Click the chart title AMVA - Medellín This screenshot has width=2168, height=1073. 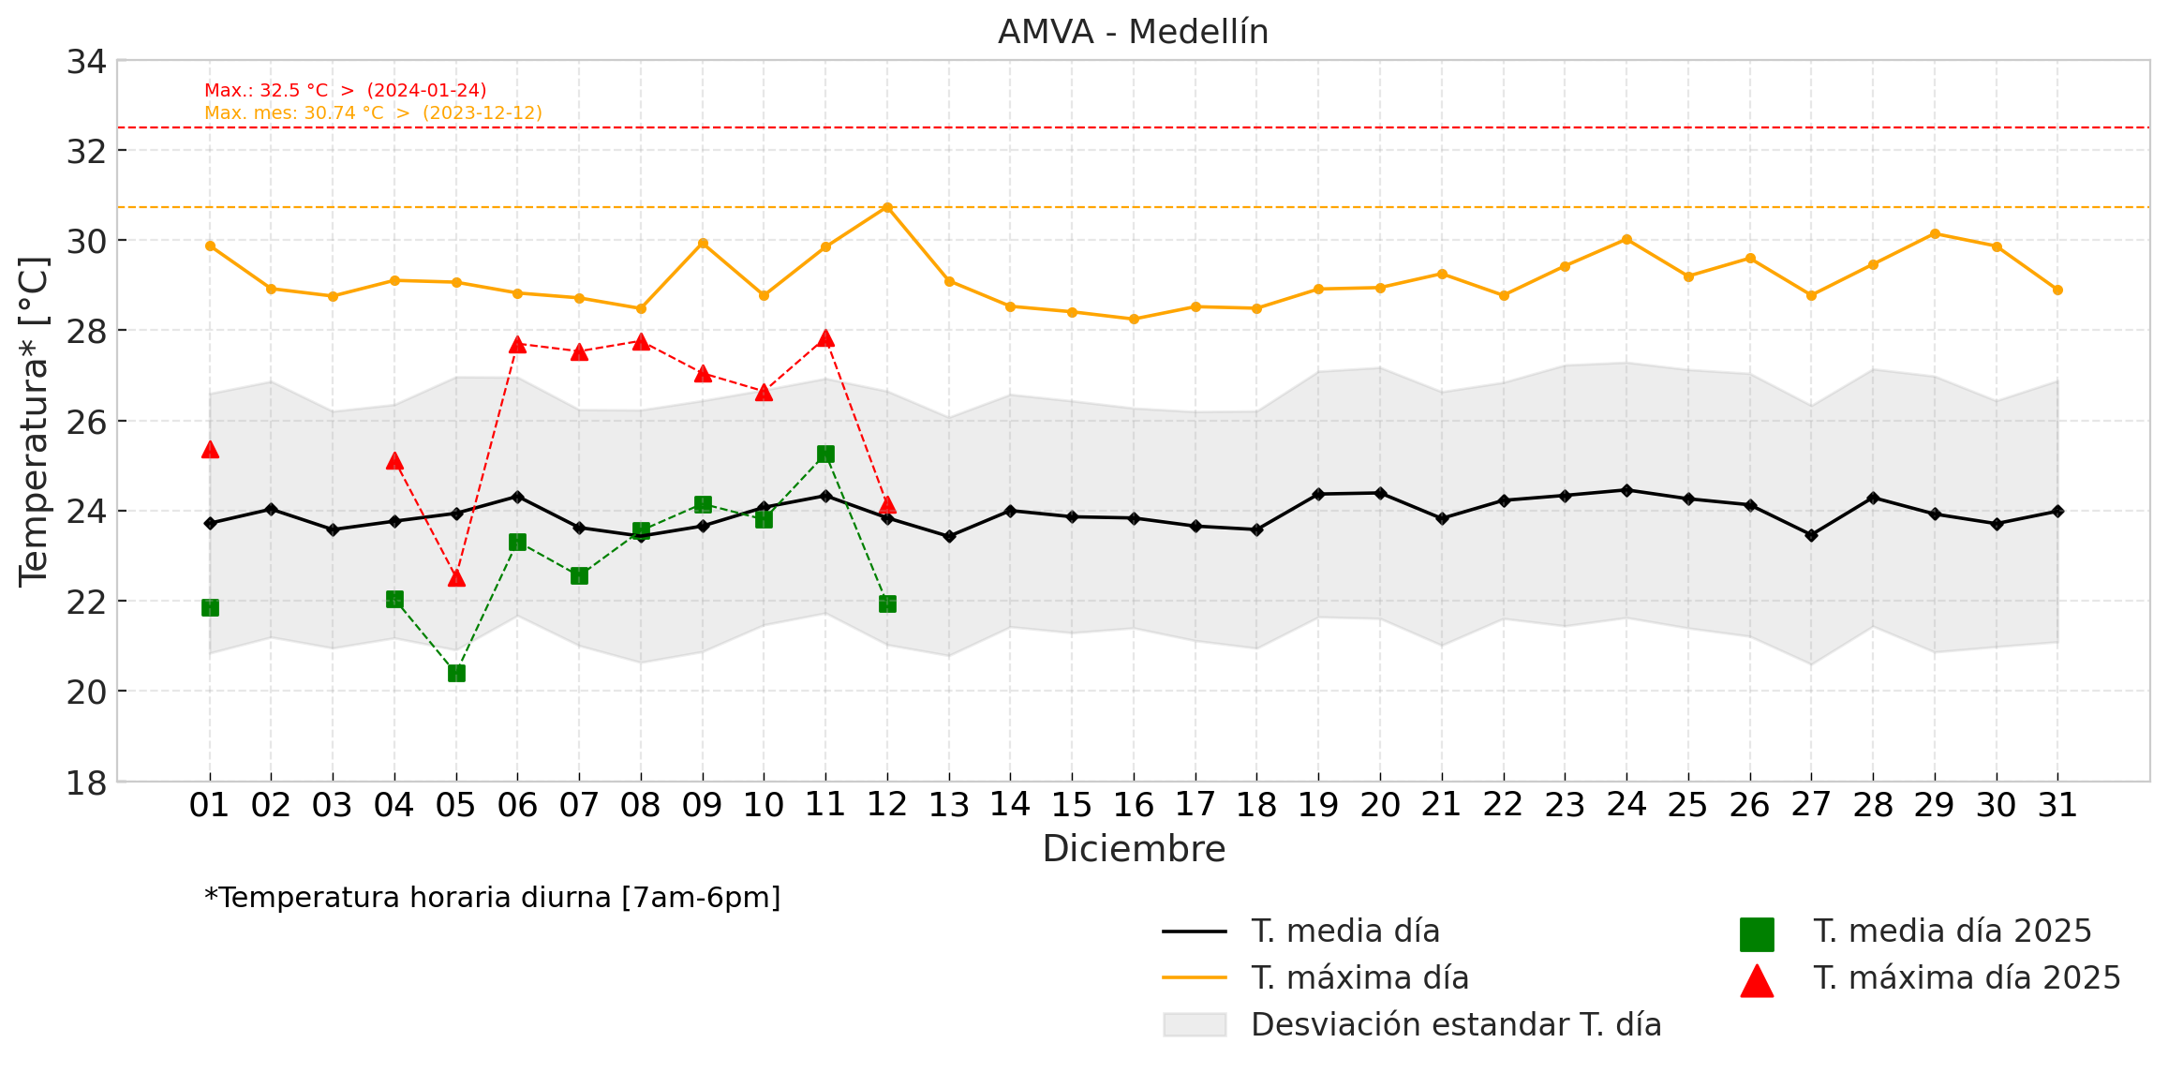tap(1133, 32)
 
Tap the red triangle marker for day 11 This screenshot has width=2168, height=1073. tap(825, 338)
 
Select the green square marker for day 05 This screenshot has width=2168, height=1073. tap(456, 673)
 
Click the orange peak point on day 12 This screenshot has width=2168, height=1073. tap(887, 207)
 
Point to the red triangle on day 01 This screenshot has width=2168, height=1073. tap(210, 450)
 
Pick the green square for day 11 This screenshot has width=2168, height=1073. tap(825, 455)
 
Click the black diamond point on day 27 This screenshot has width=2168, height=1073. tap(1811, 535)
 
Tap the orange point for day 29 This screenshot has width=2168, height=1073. tap(1935, 233)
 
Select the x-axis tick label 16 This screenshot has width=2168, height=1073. tap(1133, 805)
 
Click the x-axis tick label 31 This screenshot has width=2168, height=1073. tap(2057, 805)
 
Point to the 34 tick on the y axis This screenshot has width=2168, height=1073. tap(86, 62)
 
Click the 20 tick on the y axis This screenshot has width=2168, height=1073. tap(86, 692)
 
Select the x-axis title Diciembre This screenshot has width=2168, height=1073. tap(1134, 849)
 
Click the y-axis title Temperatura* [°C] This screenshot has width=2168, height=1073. tap(34, 422)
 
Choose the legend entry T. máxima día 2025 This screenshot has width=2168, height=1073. tap(1967, 978)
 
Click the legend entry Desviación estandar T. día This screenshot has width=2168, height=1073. tap(1456, 1025)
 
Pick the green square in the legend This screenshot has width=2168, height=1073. tap(1757, 933)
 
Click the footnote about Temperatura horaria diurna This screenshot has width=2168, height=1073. tap(493, 898)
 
